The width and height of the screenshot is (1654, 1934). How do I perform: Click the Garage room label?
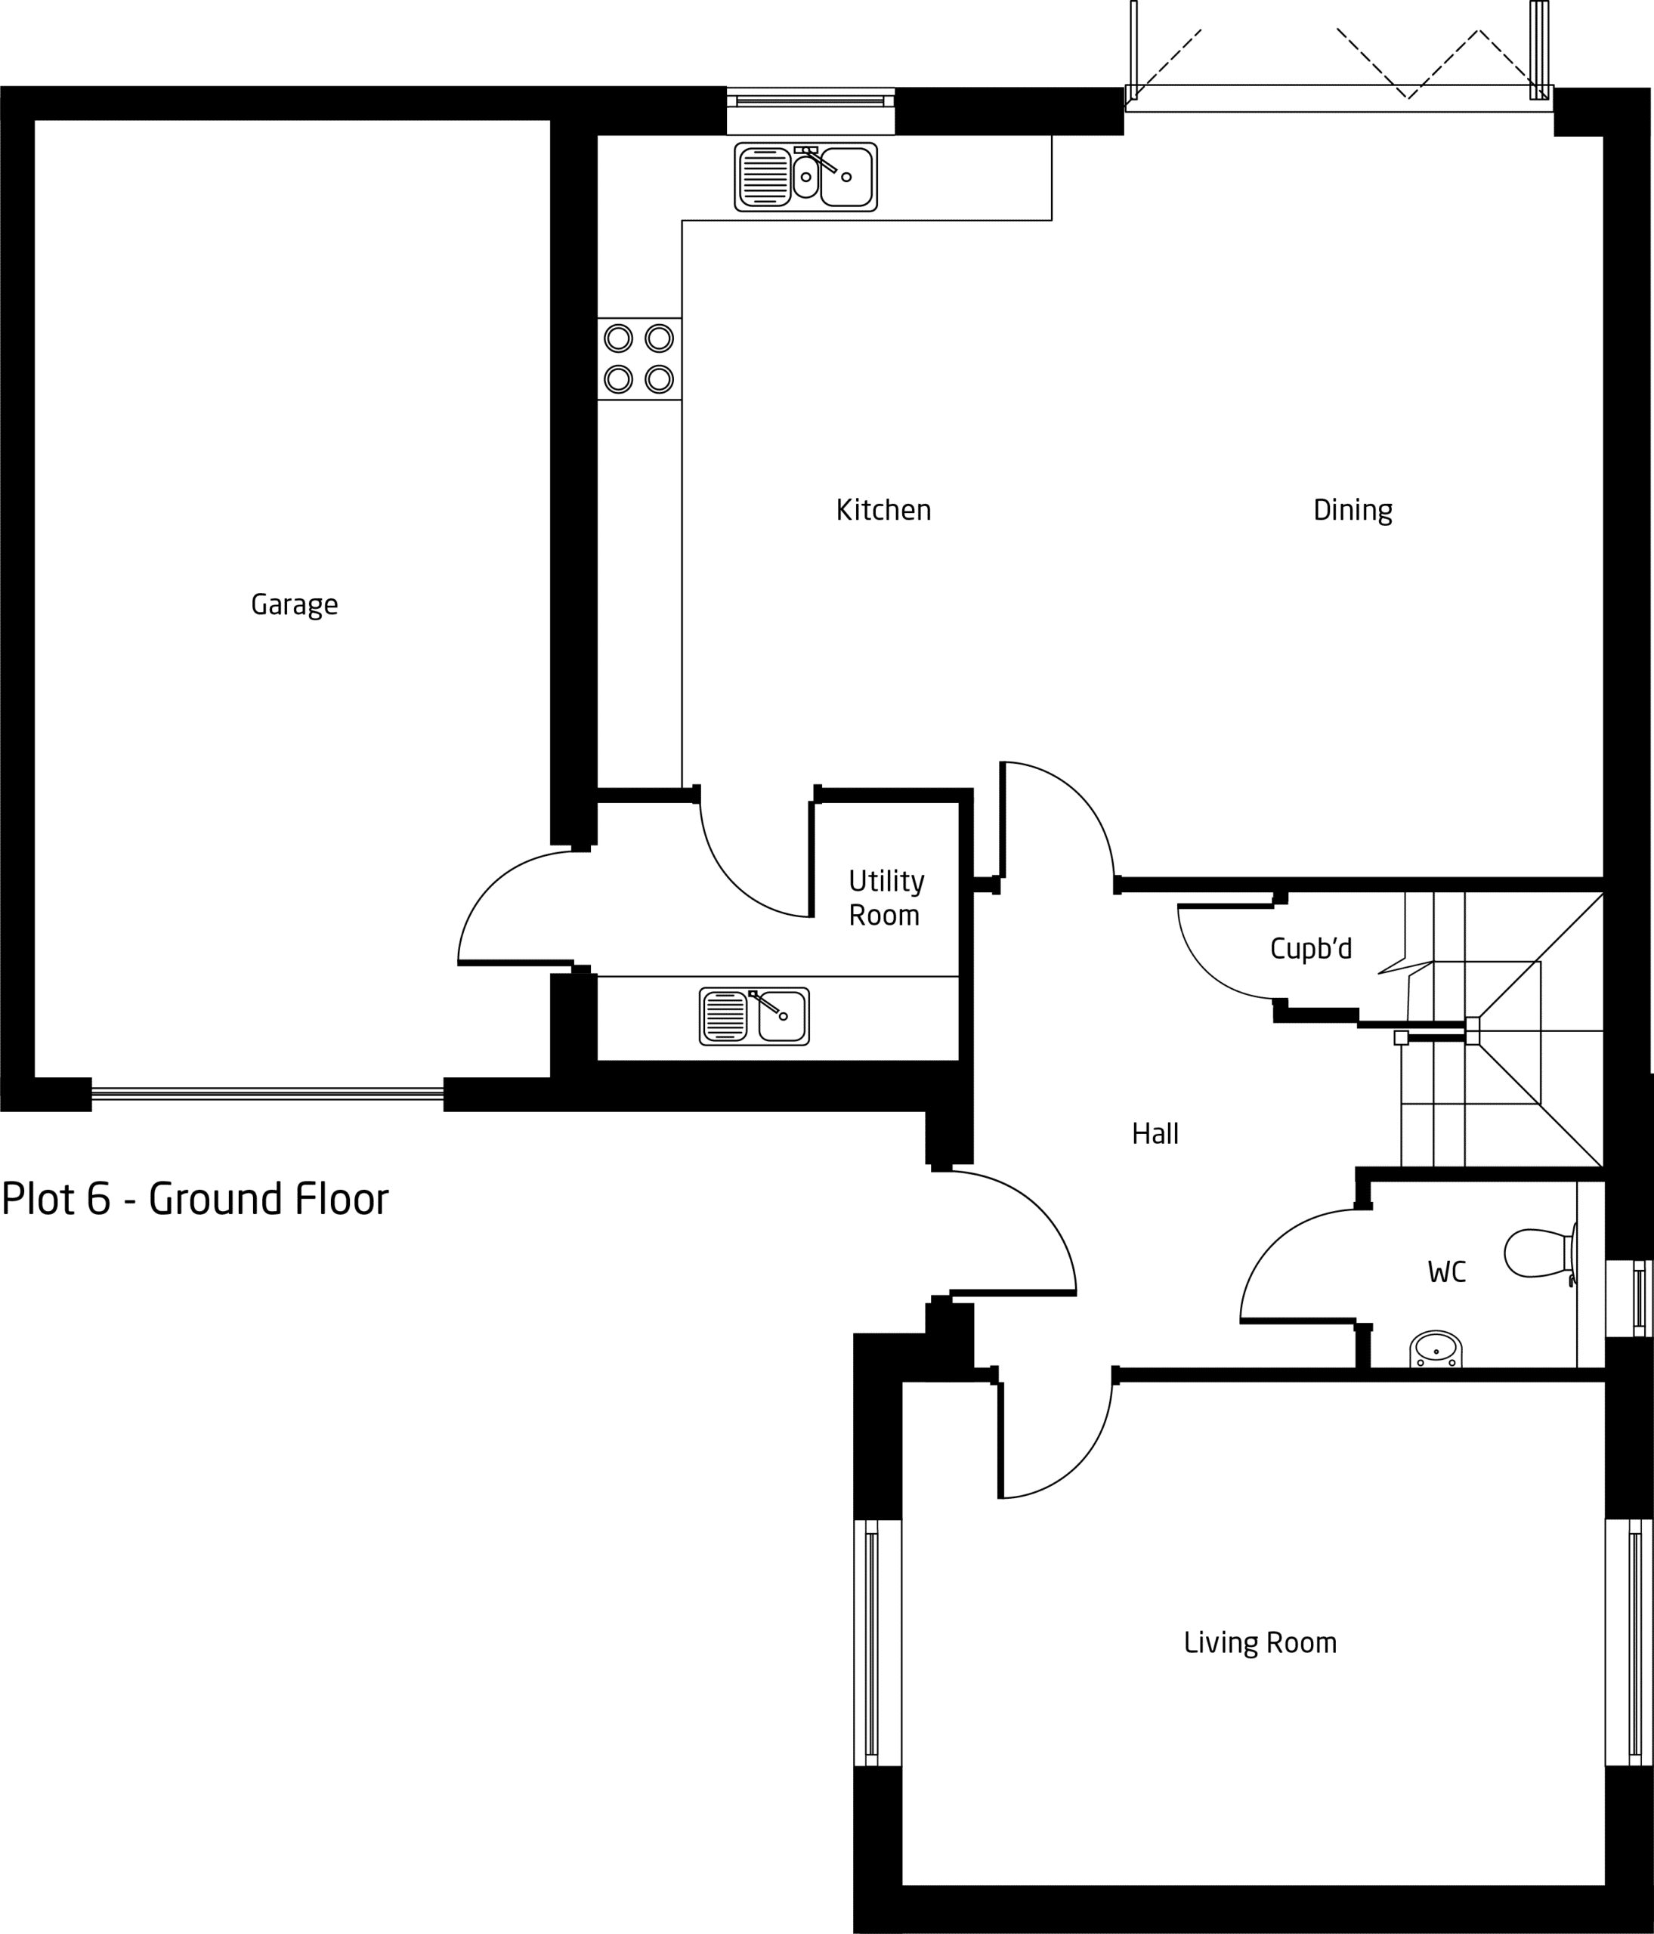tap(294, 606)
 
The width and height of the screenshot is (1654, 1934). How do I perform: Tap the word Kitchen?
tap(883, 510)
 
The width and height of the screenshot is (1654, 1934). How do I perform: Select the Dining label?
tap(1353, 511)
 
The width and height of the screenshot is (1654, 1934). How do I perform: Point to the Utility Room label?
tap(886, 898)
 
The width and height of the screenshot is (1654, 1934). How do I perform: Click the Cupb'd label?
tap(1310, 950)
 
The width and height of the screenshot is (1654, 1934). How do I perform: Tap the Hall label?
tap(1155, 1134)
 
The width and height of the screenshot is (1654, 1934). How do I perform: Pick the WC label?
tap(1447, 1272)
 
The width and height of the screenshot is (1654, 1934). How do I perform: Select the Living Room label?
tap(1260, 1643)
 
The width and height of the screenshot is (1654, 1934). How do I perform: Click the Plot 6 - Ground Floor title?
tap(195, 1200)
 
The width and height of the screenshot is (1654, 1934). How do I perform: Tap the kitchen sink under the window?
tap(805, 177)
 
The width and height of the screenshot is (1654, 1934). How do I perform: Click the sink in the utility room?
tap(754, 1016)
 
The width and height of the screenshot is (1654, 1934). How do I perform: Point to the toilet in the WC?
tap(1540, 1253)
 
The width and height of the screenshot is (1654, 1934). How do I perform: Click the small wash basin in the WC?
tap(1436, 1349)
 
